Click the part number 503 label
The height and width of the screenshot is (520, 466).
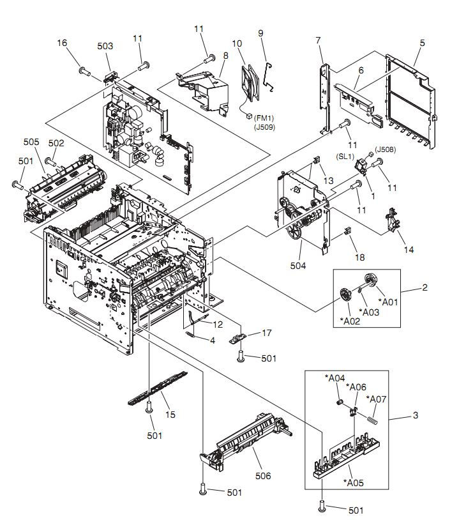pos(105,46)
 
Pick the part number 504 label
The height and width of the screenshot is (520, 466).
pos(298,265)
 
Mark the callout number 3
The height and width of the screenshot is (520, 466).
pos(416,416)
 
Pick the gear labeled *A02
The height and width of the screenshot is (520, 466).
pos(345,295)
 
